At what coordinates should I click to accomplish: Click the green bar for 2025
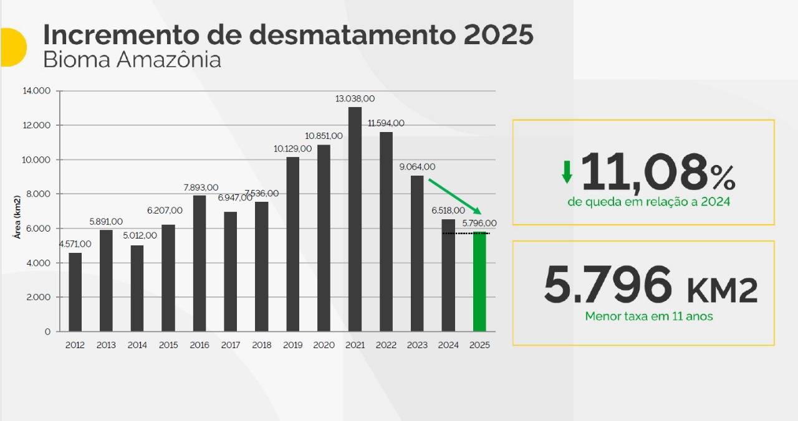click(479, 281)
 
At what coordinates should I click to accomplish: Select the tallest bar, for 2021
click(355, 219)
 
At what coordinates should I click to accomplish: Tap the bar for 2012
click(75, 291)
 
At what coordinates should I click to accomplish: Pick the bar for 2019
click(293, 244)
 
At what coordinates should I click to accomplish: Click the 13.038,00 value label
click(355, 98)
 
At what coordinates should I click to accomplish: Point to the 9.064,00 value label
click(417, 167)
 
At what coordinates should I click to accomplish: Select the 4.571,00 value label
click(75, 244)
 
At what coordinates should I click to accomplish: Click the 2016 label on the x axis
click(199, 345)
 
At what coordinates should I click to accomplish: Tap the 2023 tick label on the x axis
click(417, 345)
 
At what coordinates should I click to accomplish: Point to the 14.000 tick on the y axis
click(37, 91)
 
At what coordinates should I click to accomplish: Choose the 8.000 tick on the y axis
click(39, 194)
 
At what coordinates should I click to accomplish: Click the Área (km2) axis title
click(18, 217)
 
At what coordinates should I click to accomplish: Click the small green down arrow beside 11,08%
click(567, 172)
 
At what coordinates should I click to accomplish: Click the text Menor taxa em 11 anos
click(649, 316)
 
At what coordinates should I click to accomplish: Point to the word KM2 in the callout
click(723, 290)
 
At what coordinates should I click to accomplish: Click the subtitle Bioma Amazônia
click(132, 60)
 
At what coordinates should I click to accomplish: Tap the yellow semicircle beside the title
click(12, 47)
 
